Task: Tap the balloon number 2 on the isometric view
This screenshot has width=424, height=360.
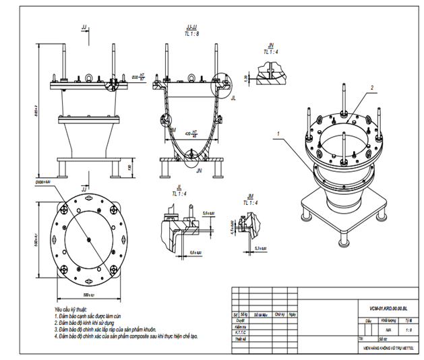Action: click(371, 87)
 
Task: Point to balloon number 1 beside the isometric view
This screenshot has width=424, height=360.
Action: click(276, 133)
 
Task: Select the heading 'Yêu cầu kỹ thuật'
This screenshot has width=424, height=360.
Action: click(72, 309)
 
